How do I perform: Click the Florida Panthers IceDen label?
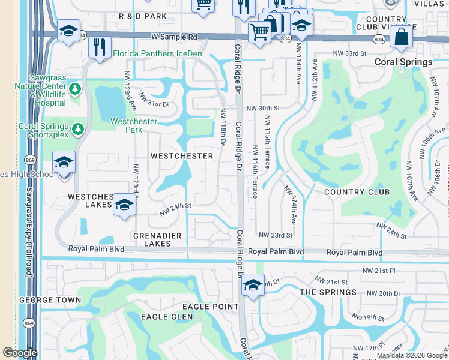[158, 53]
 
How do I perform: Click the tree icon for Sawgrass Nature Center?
[75, 90]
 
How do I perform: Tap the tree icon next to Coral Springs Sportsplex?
[77, 129]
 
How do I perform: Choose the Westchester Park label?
[134, 125]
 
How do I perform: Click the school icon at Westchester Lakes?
[124, 204]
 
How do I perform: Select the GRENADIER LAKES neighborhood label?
[152, 239]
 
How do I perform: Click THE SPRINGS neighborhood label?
[328, 292]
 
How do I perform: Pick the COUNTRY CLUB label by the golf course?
[357, 192]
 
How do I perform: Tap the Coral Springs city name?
[403, 62]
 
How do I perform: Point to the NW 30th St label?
[264, 108]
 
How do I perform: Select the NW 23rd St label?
[275, 235]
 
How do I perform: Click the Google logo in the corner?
[19, 353]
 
